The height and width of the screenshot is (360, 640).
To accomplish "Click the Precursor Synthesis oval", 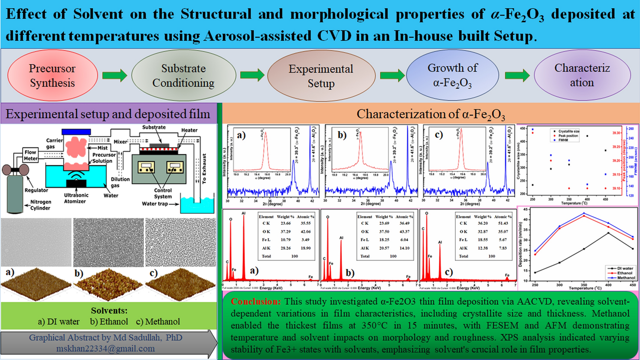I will (52, 75).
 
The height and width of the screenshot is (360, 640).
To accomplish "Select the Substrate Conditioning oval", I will (183, 75).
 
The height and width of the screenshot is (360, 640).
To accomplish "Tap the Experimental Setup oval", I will (321, 76).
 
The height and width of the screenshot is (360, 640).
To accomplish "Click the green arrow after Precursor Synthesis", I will (114, 75).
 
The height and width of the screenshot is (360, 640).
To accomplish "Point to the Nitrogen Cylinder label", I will (40, 205).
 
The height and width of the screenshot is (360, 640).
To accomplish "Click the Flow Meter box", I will (30, 155).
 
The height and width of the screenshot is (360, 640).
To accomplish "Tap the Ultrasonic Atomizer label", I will (76, 198).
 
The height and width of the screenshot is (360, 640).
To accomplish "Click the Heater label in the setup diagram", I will (189, 130).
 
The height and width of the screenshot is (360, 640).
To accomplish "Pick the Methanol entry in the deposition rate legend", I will (626, 278).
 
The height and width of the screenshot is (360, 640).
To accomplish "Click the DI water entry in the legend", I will (625, 268).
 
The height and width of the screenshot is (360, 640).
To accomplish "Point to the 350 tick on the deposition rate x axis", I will (584, 285).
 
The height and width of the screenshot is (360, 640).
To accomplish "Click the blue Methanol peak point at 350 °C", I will (584, 213).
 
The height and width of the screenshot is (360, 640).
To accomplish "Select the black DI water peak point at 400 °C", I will (608, 233).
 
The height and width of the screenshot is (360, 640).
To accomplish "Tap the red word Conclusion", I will (256, 301).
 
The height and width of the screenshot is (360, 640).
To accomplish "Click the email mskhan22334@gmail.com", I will (105, 349).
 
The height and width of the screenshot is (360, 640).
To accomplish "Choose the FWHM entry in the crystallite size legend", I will (563, 140).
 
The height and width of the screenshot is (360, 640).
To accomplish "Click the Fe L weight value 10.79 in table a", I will (286, 239).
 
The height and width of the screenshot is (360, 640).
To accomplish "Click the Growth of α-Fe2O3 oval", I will (452, 75).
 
